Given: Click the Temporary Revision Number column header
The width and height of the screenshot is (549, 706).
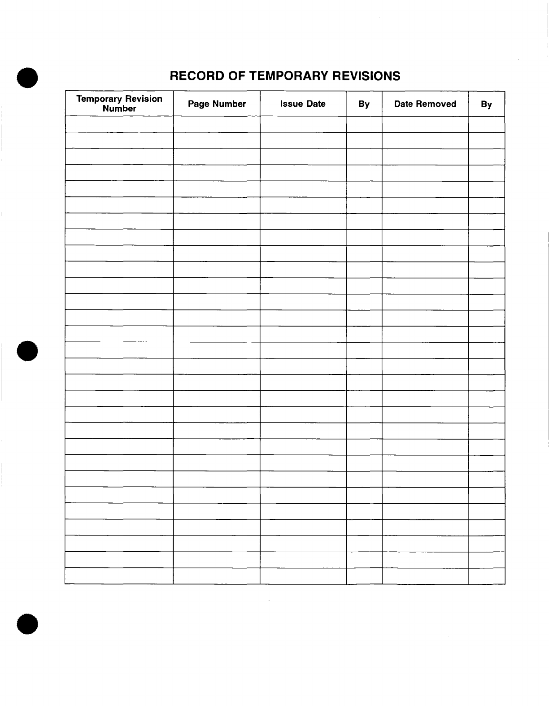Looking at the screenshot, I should [x=119, y=104].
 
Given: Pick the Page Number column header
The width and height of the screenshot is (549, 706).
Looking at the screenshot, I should [x=217, y=104].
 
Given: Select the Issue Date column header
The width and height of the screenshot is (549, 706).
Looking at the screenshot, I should [x=303, y=104].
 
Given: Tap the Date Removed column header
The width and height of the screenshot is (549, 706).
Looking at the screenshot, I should [x=425, y=104].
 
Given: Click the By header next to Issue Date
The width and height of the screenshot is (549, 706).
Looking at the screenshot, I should [x=364, y=104].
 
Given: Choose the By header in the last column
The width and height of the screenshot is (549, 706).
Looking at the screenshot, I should [x=486, y=105].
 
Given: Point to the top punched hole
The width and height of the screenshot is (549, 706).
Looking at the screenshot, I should [x=27, y=78].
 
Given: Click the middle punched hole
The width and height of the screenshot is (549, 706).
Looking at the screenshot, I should [x=27, y=351].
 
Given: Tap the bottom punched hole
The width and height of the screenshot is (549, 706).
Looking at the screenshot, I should [x=27, y=623].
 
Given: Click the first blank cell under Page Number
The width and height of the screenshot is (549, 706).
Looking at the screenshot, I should [x=217, y=124].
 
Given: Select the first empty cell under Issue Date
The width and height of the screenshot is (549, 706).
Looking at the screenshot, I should [x=303, y=124].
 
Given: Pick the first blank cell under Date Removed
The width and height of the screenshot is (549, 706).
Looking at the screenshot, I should [x=425, y=124].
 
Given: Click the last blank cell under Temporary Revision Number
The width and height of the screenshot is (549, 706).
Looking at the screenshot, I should [x=119, y=576].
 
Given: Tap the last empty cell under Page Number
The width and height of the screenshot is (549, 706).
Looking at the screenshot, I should [x=217, y=576].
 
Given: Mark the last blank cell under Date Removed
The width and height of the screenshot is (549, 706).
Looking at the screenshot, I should [x=425, y=576].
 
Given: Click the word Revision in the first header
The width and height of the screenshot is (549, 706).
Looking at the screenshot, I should [x=144, y=99].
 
